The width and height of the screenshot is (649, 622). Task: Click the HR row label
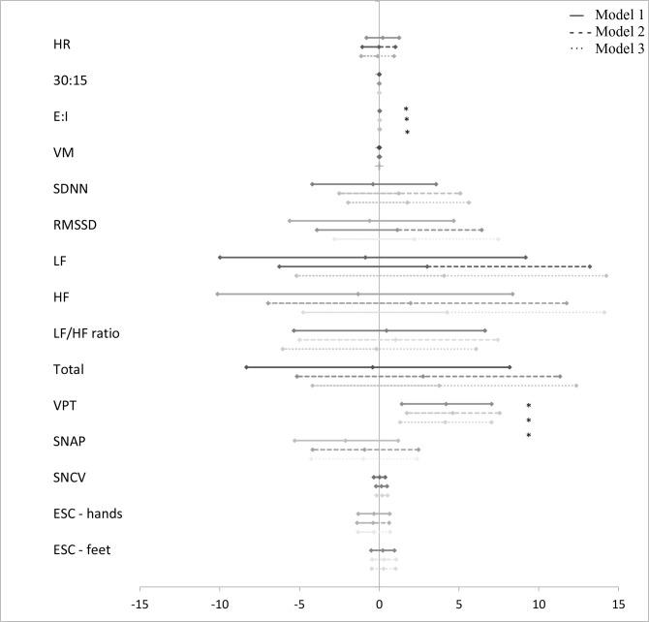(62, 45)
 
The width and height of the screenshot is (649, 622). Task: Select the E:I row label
(62, 116)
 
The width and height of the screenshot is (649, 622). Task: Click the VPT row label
(65, 405)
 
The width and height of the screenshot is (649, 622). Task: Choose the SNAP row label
(69, 441)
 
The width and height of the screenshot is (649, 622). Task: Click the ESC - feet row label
(82, 549)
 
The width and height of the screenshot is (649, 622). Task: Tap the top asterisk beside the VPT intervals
(529, 406)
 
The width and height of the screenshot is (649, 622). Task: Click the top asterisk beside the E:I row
(406, 109)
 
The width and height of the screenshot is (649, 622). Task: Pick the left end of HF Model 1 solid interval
(218, 294)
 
